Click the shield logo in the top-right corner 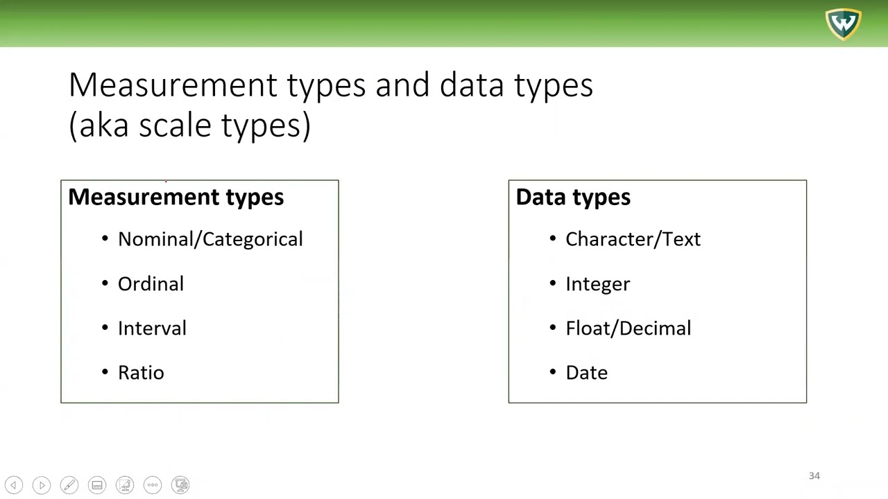click(x=843, y=24)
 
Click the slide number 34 click(x=814, y=476)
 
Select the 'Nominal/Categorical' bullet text click(x=210, y=239)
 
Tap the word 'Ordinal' click(x=151, y=284)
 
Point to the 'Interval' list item click(x=152, y=329)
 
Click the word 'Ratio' click(x=141, y=373)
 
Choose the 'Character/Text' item click(x=633, y=239)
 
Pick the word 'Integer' click(x=597, y=284)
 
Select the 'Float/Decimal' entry click(x=628, y=329)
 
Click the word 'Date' click(x=586, y=373)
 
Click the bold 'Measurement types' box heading click(x=176, y=198)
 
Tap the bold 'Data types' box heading click(x=573, y=198)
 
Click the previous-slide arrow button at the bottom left click(x=14, y=485)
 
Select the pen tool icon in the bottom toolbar click(x=69, y=485)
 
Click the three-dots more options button click(x=153, y=485)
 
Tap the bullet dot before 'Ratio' click(x=105, y=372)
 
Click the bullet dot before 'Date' click(x=553, y=372)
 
